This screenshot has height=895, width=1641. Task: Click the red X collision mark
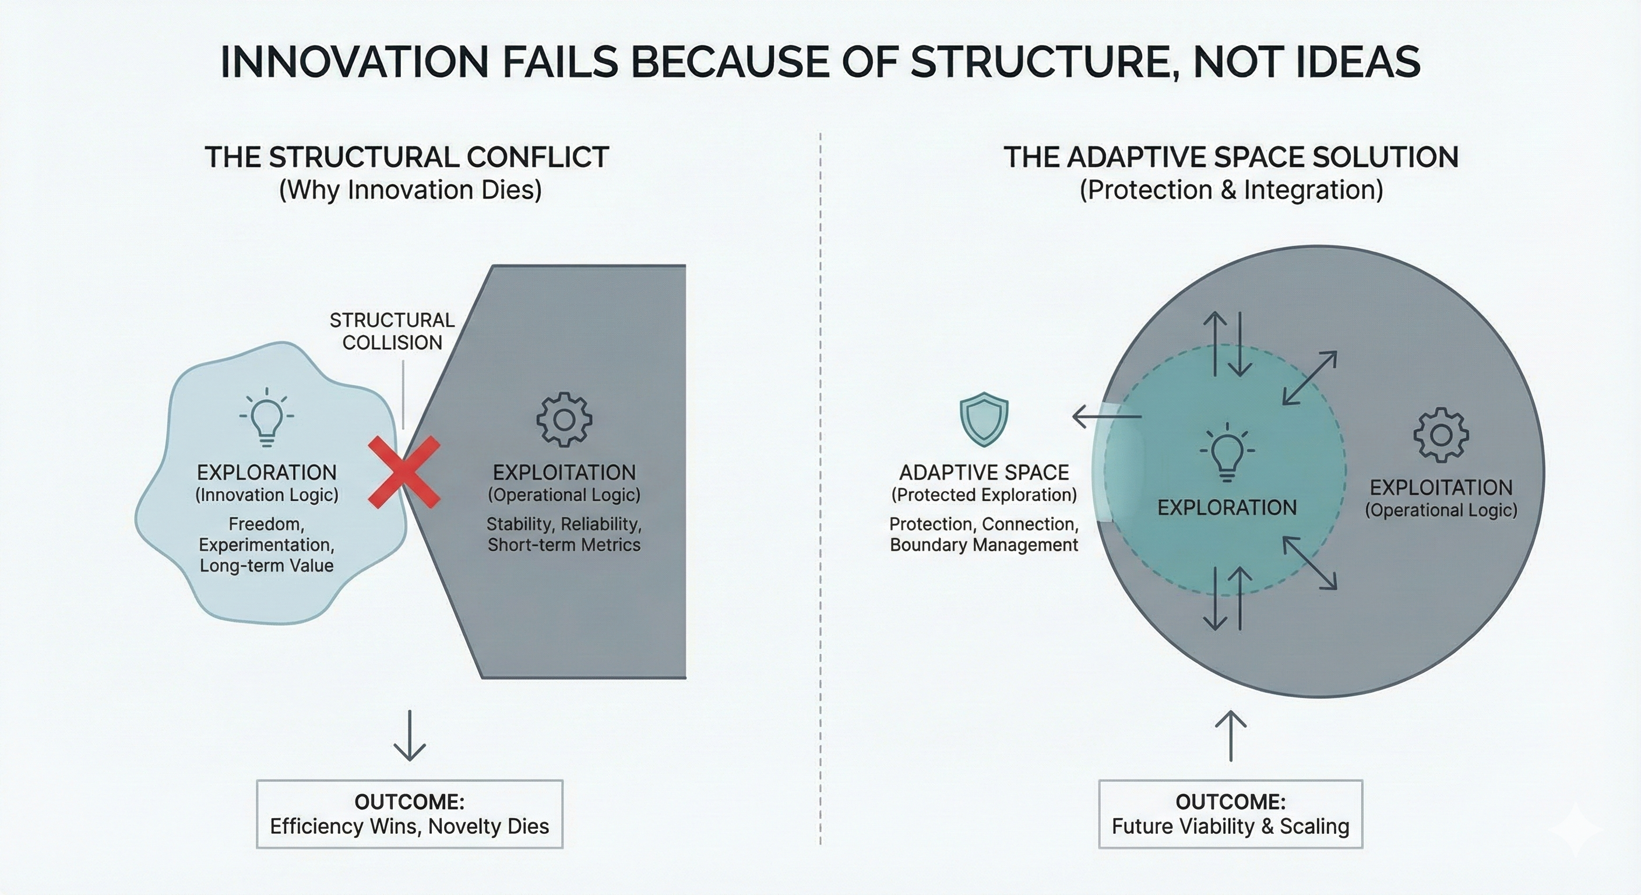[x=404, y=472]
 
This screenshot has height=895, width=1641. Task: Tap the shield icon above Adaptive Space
[x=984, y=418]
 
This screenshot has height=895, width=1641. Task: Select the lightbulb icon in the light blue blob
[x=266, y=417]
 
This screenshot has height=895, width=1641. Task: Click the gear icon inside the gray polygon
[x=564, y=419]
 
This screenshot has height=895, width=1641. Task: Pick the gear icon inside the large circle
[x=1441, y=435]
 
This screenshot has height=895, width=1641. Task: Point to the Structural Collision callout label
[x=392, y=331]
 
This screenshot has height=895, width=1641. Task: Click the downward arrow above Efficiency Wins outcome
[x=409, y=735]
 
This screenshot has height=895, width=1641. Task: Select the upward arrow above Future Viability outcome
[x=1230, y=737]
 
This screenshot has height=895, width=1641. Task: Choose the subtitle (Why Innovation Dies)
[x=410, y=190]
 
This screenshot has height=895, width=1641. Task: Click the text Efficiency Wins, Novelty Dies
[x=409, y=826]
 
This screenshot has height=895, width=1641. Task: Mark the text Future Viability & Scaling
[x=1230, y=826]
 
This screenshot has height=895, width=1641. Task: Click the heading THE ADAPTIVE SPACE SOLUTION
[x=1231, y=157]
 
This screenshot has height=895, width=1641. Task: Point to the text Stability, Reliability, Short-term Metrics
[x=564, y=534]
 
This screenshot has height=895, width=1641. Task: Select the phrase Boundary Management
[x=984, y=545]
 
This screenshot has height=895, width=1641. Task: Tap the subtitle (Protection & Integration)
[x=1231, y=190]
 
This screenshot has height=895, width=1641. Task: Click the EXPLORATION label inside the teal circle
[x=1227, y=508]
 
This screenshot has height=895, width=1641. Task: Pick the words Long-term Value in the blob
[x=266, y=565]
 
